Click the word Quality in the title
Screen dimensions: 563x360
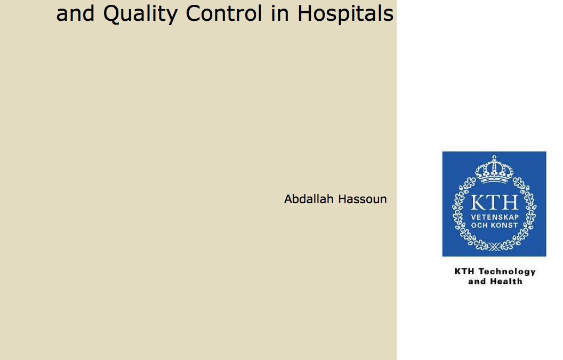tap(140, 14)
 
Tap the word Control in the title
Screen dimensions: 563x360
tap(224, 13)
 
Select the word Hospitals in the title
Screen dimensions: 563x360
tap(345, 14)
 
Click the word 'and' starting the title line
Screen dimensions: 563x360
tap(75, 13)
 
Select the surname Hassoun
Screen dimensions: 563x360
tap(363, 199)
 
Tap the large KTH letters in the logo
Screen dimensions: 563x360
tap(494, 202)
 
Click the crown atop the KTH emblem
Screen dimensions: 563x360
tap(494, 170)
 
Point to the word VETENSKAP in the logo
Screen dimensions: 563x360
tap(495, 217)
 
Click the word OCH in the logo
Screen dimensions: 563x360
tap(479, 225)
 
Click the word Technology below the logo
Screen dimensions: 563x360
tap(507, 272)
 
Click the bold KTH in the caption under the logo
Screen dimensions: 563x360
tap(464, 271)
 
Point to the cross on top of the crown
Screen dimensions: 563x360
tap(494, 158)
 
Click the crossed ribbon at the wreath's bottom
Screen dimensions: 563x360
tap(494, 247)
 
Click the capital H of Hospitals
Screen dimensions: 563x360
tap(305, 13)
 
